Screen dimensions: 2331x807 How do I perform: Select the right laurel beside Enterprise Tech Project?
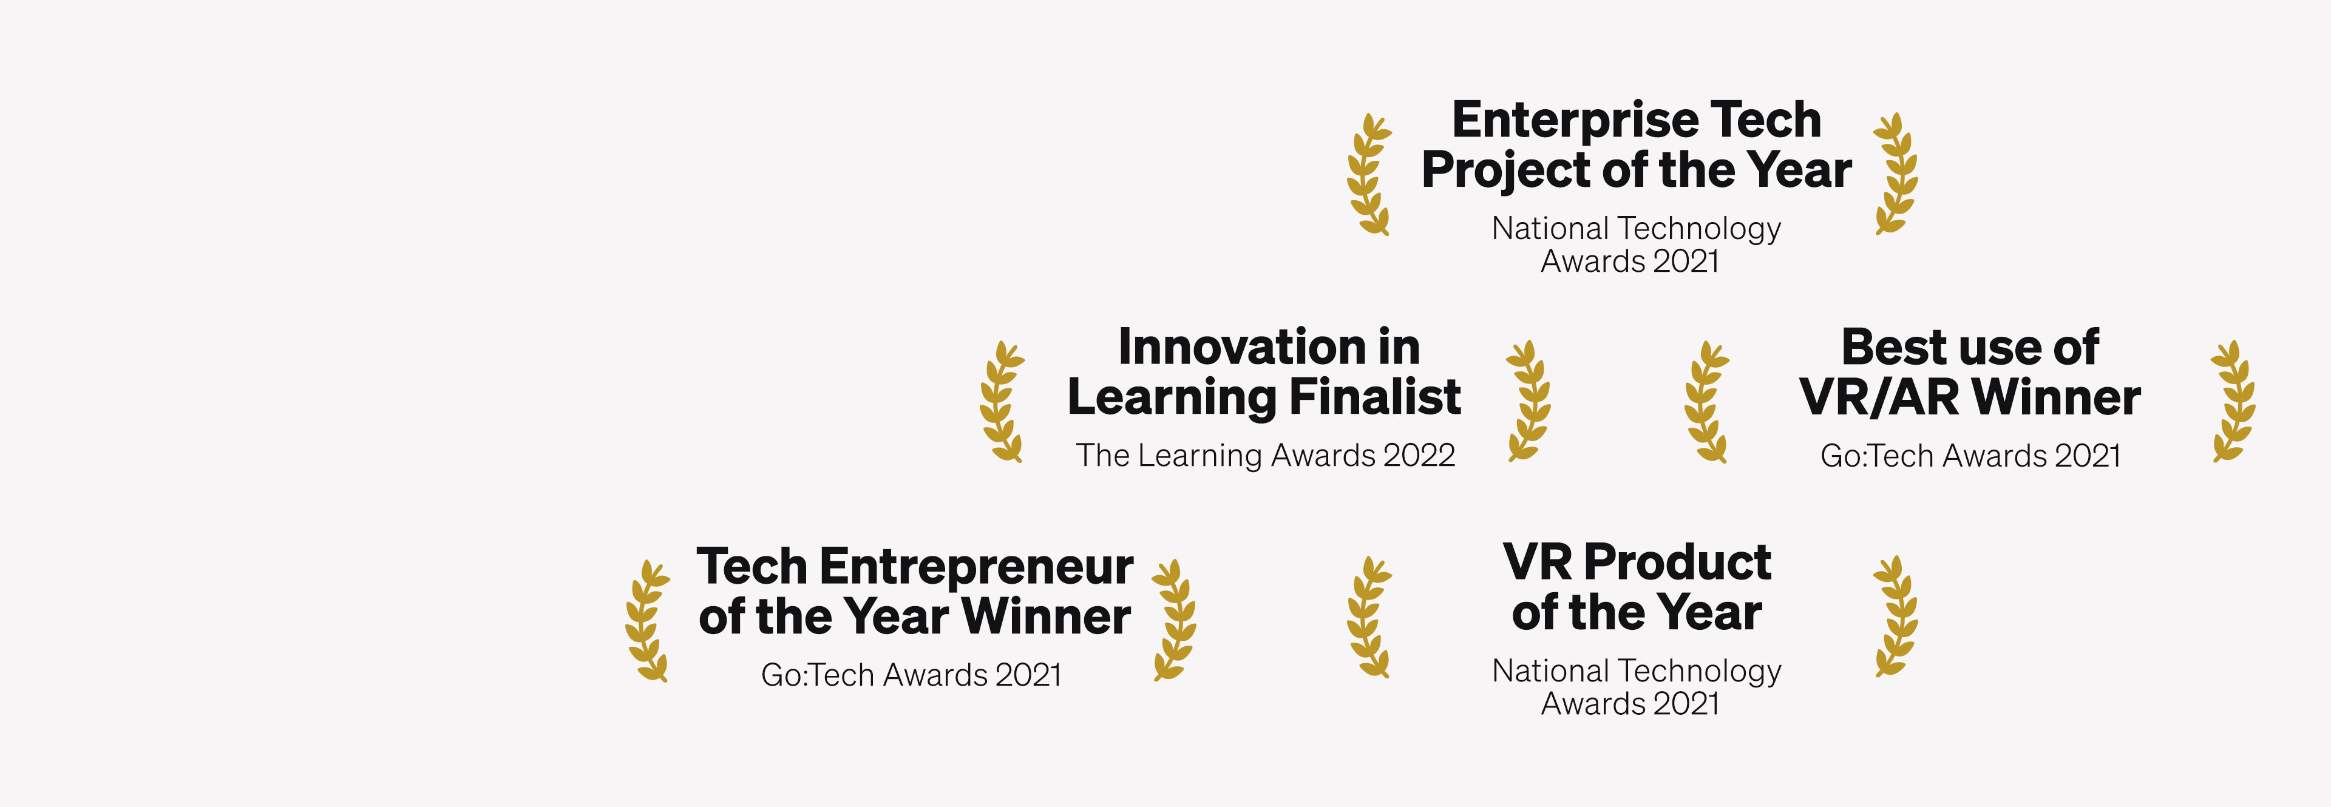[1896, 174]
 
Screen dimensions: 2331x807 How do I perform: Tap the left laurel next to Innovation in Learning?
[1002, 402]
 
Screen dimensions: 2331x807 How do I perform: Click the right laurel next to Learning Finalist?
[1529, 401]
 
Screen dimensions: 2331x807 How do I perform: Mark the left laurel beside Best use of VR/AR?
[1706, 402]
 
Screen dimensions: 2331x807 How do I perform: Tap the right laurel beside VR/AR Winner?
[2233, 401]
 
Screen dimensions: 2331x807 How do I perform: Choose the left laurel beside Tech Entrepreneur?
[648, 621]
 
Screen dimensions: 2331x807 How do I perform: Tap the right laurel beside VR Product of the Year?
[1896, 616]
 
